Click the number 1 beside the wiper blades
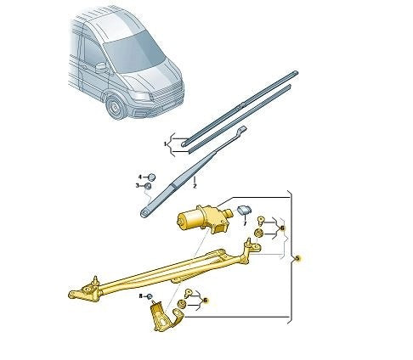click(165, 144)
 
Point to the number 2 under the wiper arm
click(195, 186)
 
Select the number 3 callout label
click(138, 186)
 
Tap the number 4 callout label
click(140, 177)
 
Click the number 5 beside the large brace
click(297, 258)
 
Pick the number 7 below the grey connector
click(245, 223)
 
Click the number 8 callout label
click(141, 296)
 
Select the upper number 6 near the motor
click(282, 228)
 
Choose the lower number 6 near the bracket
click(206, 300)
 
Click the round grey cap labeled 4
click(152, 177)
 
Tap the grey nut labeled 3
click(148, 186)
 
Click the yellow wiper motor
click(204, 218)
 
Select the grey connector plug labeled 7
click(245, 210)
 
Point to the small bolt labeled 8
click(150, 296)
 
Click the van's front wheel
click(116, 107)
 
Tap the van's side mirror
click(101, 68)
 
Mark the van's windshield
click(134, 53)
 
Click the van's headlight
click(142, 97)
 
